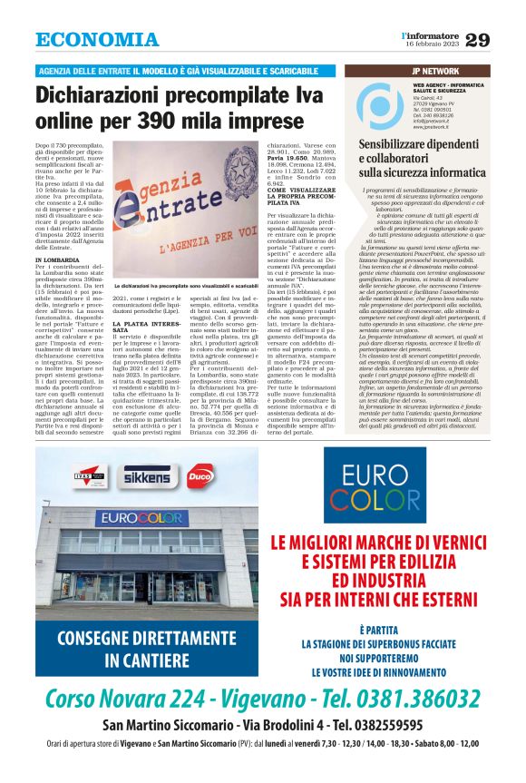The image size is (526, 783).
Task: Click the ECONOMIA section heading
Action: [97, 40]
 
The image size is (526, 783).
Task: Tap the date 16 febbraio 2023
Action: [432, 44]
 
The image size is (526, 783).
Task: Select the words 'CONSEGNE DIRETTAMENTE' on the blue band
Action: [133, 636]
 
